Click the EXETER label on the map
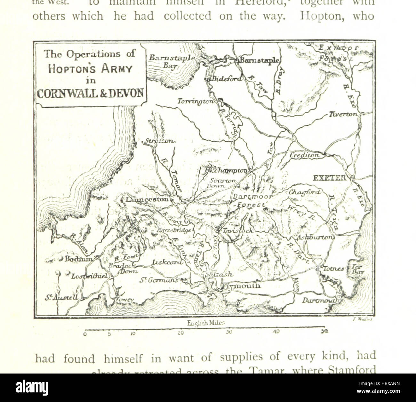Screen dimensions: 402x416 329,178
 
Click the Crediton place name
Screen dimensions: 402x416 305,155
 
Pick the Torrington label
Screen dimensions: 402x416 196,101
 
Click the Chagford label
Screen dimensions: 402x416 304,192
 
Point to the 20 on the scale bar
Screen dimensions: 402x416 180,333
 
